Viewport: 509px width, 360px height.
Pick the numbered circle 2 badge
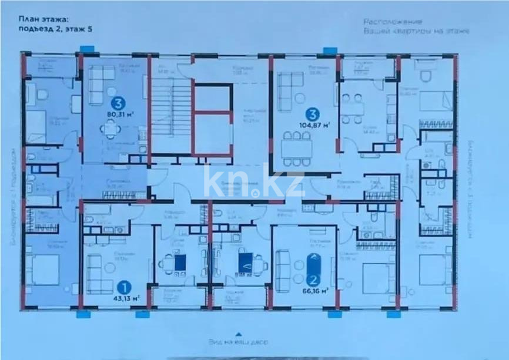[314, 280]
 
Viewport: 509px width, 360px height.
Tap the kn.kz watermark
[254, 180]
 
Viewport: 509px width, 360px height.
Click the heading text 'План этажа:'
[38, 20]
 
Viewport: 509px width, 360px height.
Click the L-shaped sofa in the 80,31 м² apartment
[101, 79]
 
